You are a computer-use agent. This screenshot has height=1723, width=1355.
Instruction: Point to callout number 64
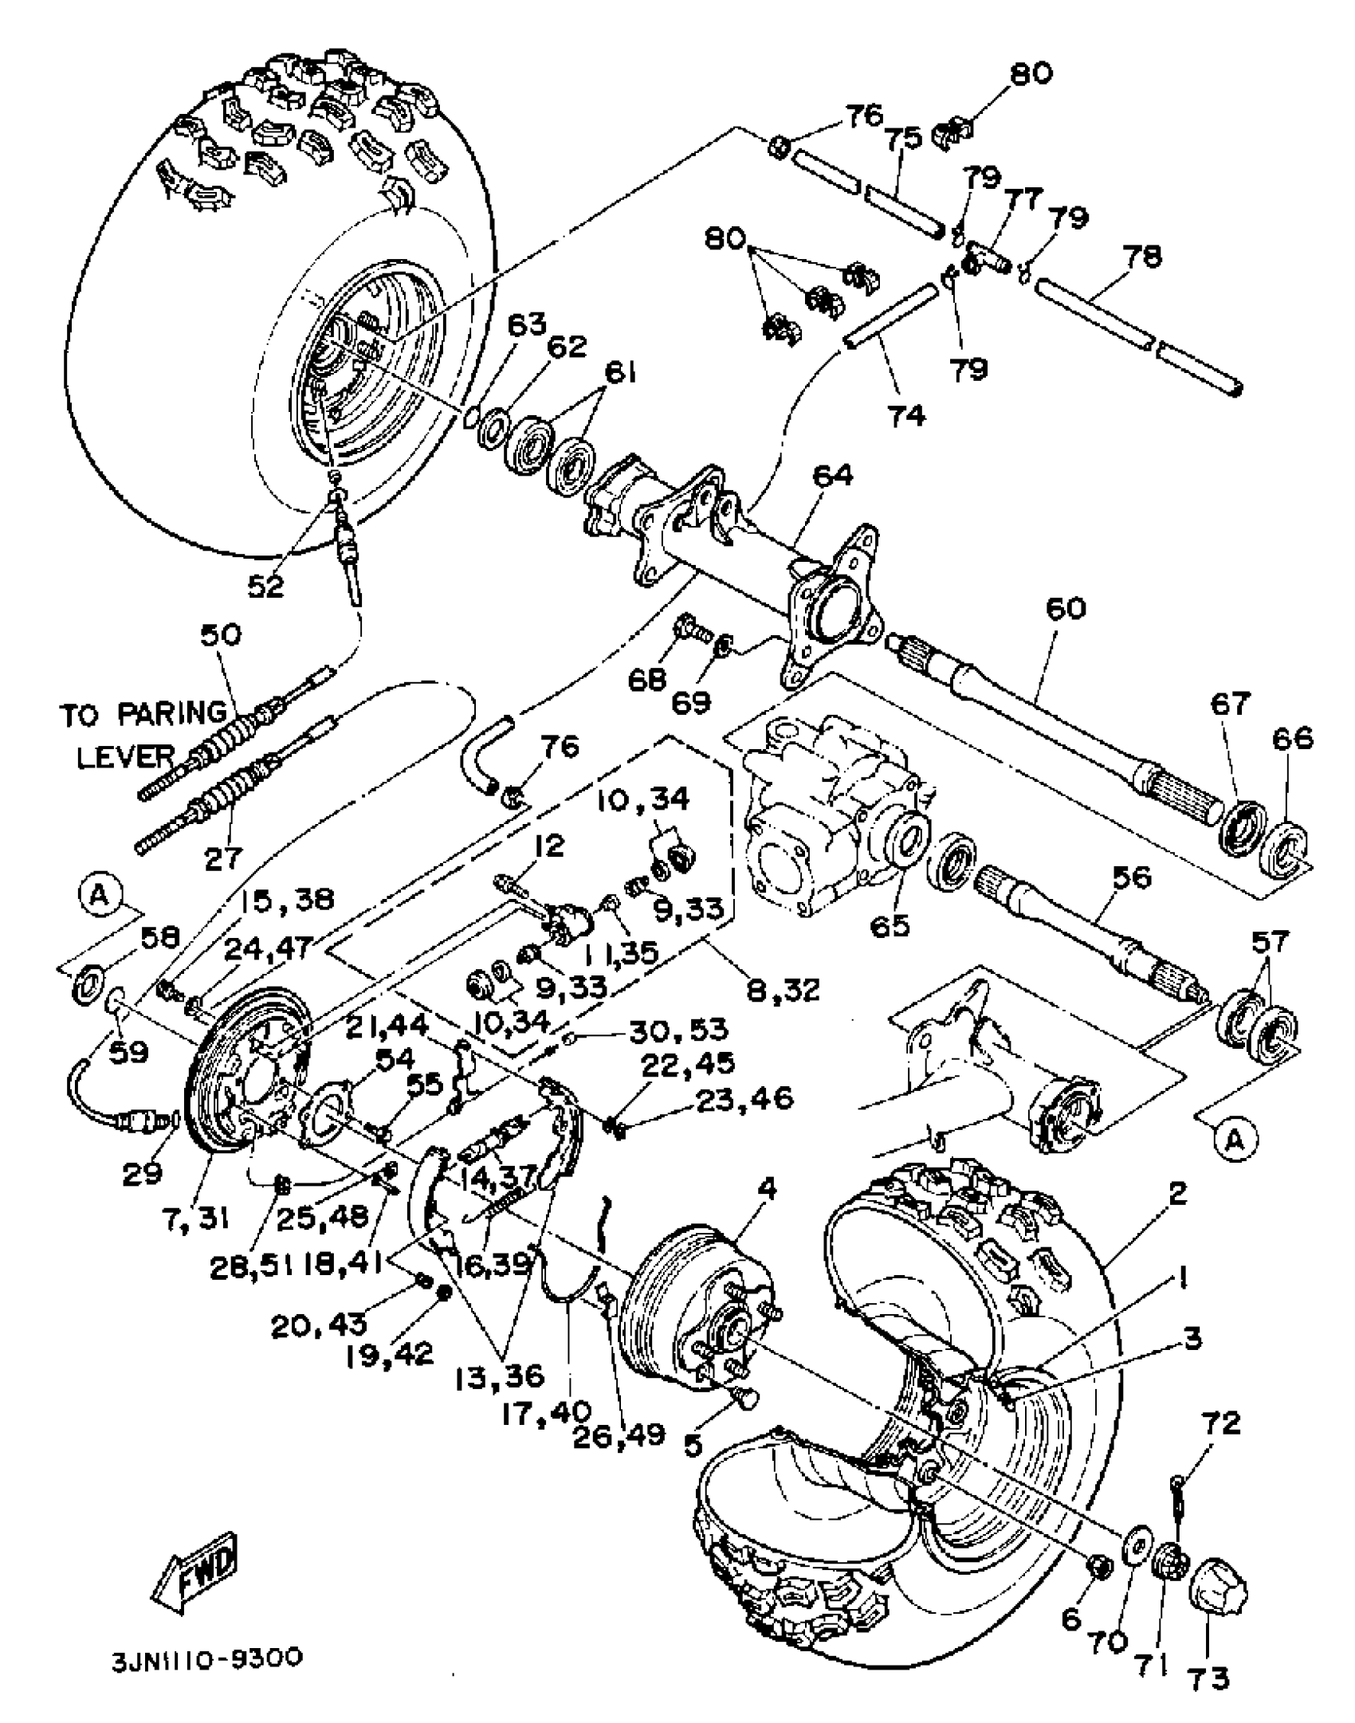(x=833, y=476)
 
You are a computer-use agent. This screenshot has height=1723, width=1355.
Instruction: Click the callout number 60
(x=1066, y=608)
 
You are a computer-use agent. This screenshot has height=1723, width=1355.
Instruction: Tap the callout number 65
(x=890, y=926)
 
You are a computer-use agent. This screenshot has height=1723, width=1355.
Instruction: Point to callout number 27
(x=224, y=858)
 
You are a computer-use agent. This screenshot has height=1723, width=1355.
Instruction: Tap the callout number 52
(x=266, y=586)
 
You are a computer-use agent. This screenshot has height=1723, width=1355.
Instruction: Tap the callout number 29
(x=144, y=1172)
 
